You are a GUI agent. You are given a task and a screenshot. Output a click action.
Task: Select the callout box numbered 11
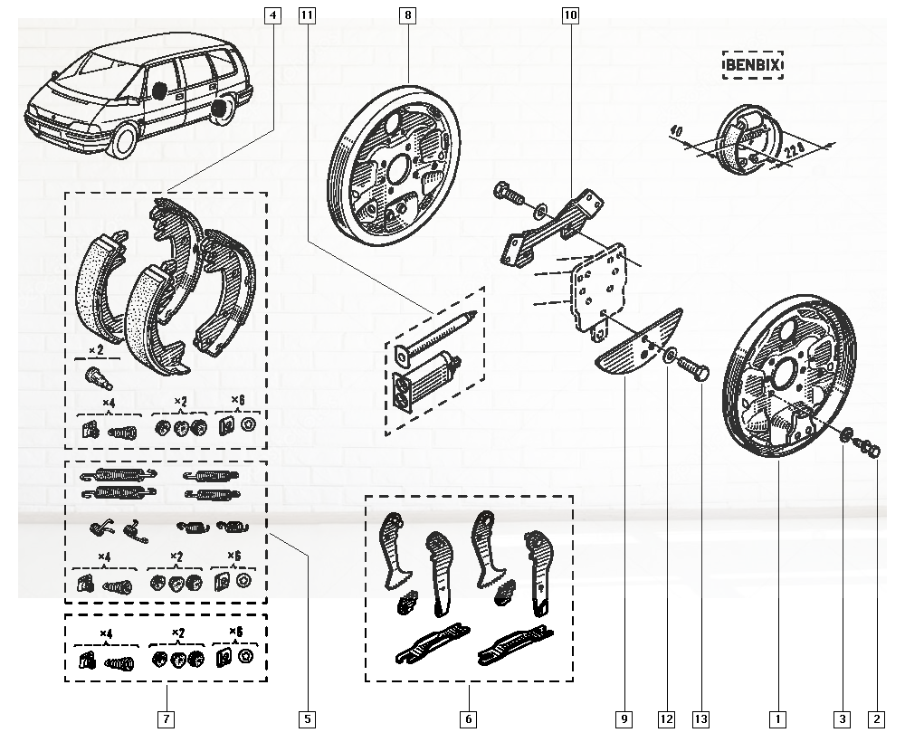pos(308,15)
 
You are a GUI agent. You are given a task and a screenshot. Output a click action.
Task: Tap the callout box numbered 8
pos(409,15)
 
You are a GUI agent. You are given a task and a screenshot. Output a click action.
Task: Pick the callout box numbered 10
pos(570,15)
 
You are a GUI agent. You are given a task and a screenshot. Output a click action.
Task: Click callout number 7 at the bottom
pos(166,720)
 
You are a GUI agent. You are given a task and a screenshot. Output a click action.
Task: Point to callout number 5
pos(308,720)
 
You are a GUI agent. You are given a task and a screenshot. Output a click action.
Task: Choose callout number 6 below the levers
pos(469,720)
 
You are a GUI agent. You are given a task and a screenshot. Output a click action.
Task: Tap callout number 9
pos(624,720)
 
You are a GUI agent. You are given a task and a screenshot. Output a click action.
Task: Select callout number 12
pos(666,720)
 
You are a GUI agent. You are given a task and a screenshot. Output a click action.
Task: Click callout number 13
pos(700,720)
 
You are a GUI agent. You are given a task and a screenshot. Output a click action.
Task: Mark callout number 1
pos(776,720)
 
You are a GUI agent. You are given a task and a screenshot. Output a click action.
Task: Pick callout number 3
pos(842,720)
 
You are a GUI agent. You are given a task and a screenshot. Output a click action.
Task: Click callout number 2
pos(875,720)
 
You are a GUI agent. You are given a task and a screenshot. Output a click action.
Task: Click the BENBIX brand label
pos(752,65)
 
